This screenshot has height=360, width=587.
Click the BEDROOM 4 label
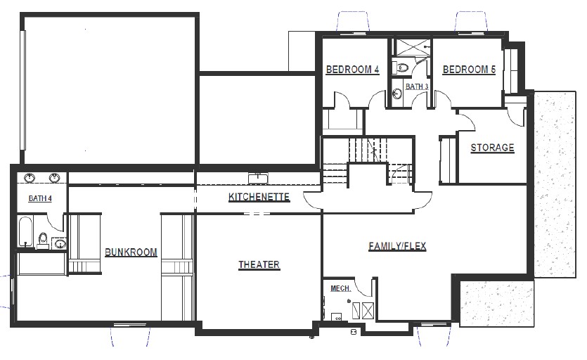point(352,70)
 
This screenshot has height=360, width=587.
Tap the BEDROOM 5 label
point(469,70)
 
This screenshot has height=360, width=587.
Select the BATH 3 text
point(416,86)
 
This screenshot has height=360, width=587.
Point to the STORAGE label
point(492,148)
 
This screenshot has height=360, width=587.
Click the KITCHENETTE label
point(259,197)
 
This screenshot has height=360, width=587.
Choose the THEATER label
point(259,265)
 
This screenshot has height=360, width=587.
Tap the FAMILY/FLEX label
point(397,246)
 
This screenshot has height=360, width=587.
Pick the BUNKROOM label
point(131,252)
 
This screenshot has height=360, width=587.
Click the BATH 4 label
point(40,198)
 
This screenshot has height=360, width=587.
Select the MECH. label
point(340,288)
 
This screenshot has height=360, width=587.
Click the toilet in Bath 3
point(402,68)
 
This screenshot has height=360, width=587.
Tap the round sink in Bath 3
point(397,93)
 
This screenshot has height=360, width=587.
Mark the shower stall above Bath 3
point(411,48)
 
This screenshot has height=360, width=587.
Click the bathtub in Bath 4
point(25,232)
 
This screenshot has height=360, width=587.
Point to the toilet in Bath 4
point(43,239)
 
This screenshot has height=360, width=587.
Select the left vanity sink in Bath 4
point(30,179)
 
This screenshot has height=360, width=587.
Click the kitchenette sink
point(259,176)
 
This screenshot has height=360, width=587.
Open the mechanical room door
point(363,287)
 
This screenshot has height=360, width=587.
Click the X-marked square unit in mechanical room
point(368,310)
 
